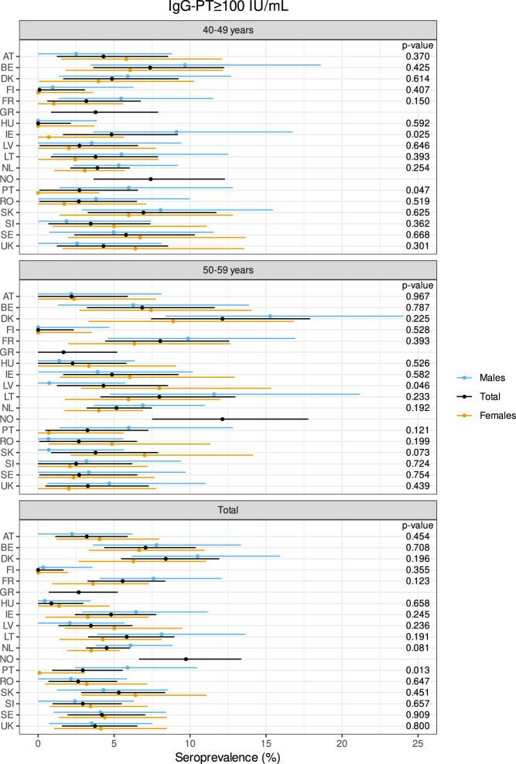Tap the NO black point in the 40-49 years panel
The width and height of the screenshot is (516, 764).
[151, 179]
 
